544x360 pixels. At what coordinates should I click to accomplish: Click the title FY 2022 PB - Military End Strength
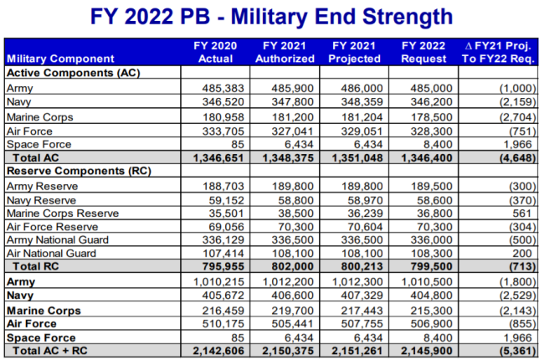pyautogui.click(x=272, y=16)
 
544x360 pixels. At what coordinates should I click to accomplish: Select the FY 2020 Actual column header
pyautogui.click(x=216, y=52)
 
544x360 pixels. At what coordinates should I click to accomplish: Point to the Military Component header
pyautogui.click(x=60, y=59)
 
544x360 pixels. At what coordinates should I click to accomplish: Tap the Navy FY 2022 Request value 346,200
pyautogui.click(x=430, y=101)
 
